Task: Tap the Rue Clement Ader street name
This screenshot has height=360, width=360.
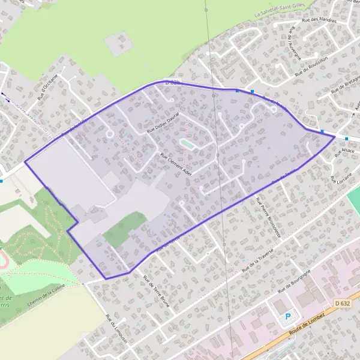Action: coord(175,163)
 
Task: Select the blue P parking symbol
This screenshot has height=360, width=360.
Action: coord(289,316)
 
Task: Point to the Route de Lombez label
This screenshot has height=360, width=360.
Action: coord(306,323)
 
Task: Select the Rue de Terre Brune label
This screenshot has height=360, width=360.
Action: coord(156,291)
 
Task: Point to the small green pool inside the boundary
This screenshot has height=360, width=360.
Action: coord(187,143)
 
